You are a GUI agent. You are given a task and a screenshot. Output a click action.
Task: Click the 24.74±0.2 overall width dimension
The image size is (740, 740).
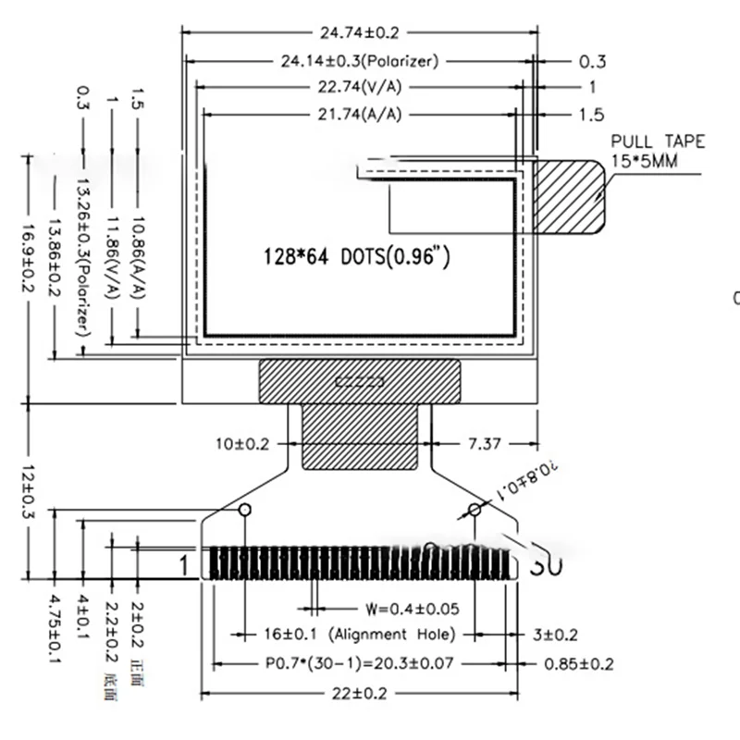(359, 32)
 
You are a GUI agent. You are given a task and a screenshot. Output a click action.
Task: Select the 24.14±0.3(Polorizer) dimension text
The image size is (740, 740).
(359, 61)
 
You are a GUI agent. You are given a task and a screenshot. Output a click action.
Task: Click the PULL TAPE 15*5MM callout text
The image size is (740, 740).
(658, 150)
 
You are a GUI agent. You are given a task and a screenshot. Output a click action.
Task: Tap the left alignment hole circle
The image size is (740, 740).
(245, 511)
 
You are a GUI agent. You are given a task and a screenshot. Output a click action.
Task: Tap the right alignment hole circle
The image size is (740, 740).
(475, 511)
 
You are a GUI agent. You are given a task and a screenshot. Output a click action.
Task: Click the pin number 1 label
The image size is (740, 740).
(184, 563)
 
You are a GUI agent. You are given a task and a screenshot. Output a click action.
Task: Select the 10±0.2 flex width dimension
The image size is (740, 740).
(242, 444)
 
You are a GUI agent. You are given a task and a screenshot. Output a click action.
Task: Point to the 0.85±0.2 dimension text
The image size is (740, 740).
(580, 663)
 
